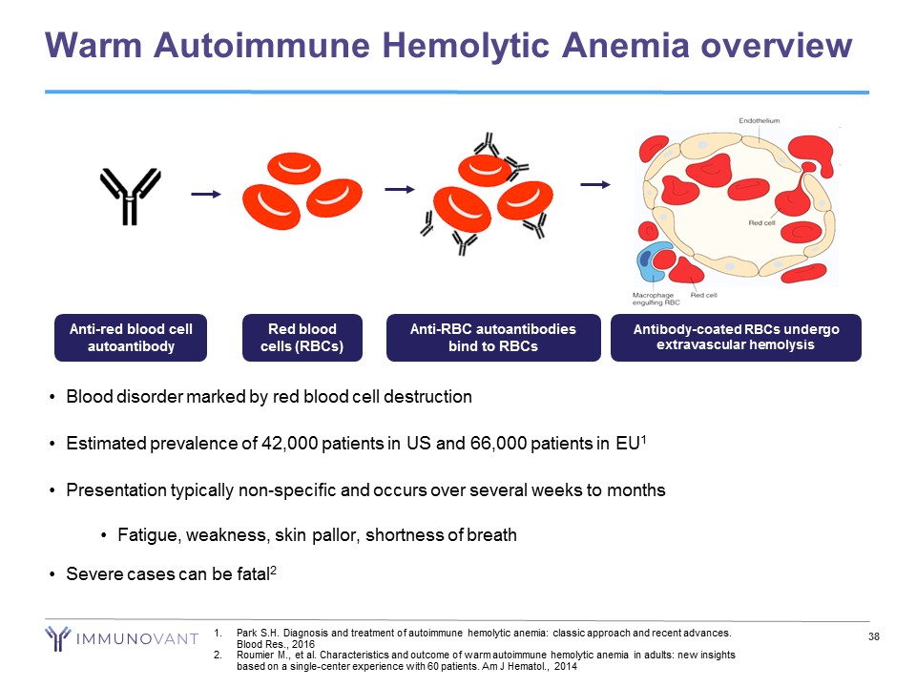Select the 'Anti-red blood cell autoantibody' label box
[x=131, y=338]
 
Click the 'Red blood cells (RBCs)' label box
[x=302, y=338]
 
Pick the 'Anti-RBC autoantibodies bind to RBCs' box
[x=493, y=338]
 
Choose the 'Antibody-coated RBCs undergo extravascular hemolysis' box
[x=736, y=337]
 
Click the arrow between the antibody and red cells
[x=206, y=194]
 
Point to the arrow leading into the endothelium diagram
[x=595, y=185]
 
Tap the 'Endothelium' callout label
[x=759, y=121]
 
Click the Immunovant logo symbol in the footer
[x=57, y=637]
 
